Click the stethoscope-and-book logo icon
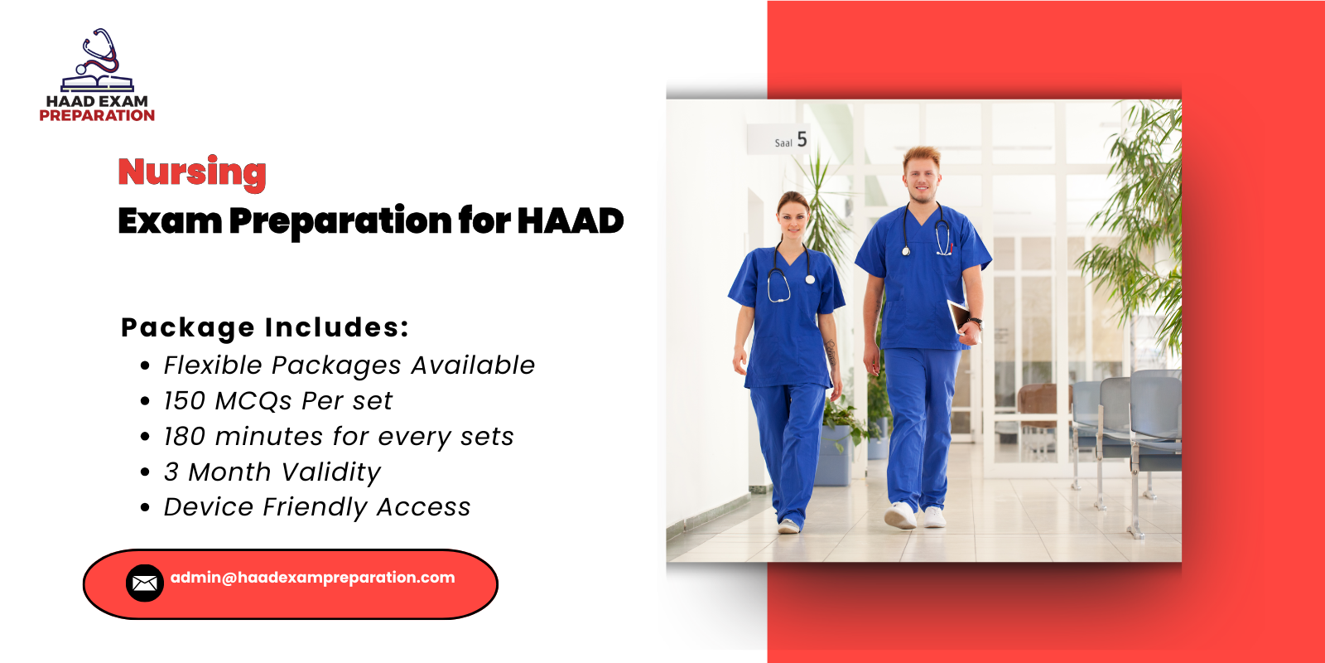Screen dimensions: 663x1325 coord(98,61)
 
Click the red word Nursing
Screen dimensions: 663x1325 coord(192,172)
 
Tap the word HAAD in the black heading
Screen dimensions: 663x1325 coord(570,220)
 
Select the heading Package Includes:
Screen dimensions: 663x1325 coord(265,327)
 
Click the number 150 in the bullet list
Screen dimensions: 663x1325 coord(184,401)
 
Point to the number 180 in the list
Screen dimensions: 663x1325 coord(184,437)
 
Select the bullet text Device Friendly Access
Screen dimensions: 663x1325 coord(317,507)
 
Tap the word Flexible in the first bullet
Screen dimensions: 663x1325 coord(213,365)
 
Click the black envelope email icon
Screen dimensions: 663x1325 coord(145,583)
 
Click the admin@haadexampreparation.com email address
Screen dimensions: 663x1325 coord(312,578)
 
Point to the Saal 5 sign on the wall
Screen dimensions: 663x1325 coord(790,141)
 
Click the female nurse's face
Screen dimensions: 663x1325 coord(793,217)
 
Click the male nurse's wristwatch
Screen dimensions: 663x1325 coord(976,323)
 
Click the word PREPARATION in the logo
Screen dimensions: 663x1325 coord(97,116)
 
